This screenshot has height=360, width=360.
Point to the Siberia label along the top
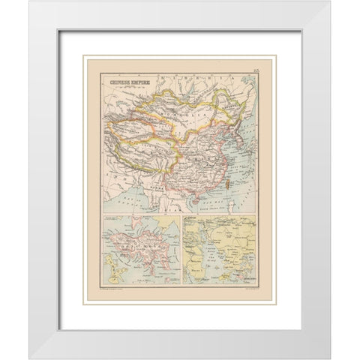click(x=187, y=78)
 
